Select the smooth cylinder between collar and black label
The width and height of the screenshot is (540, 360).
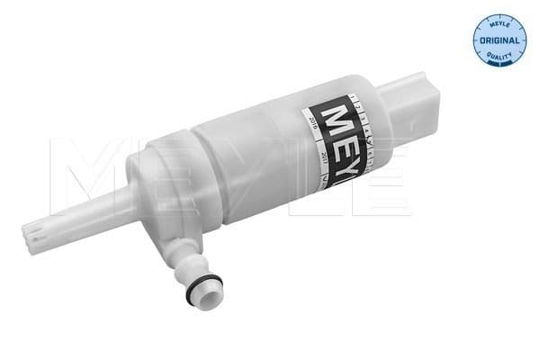coord(252,148)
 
